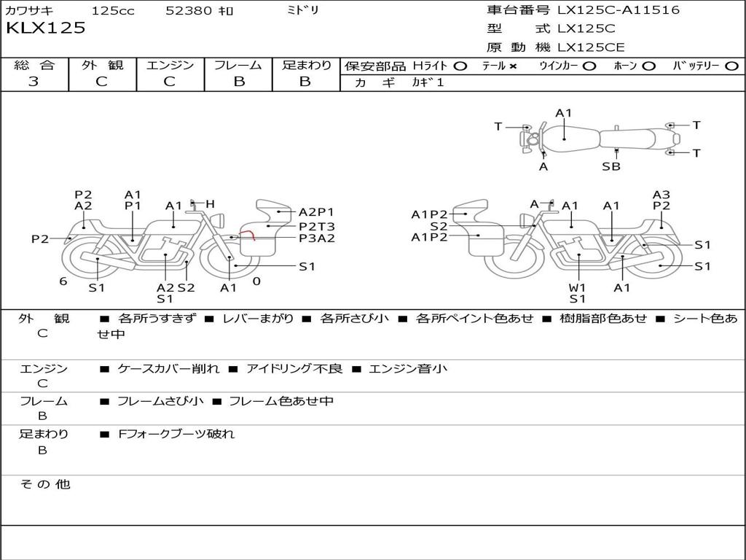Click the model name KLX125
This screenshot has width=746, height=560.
[45, 28]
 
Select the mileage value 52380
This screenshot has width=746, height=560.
[189, 11]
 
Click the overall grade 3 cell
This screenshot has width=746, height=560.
[34, 82]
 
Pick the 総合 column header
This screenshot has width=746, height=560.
[34, 65]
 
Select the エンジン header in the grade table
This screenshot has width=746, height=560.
[170, 65]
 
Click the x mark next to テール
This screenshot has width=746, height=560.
[513, 66]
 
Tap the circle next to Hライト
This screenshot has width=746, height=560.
[460, 66]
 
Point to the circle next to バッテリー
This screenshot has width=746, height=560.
[732, 66]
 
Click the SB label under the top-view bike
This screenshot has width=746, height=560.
[611, 166]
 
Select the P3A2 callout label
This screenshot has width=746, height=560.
[317, 238]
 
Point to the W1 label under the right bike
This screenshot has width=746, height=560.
[578, 287]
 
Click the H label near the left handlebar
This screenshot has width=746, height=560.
[210, 204]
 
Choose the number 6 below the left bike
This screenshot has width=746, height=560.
[63, 281]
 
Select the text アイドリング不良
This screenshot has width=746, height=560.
[294, 368]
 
